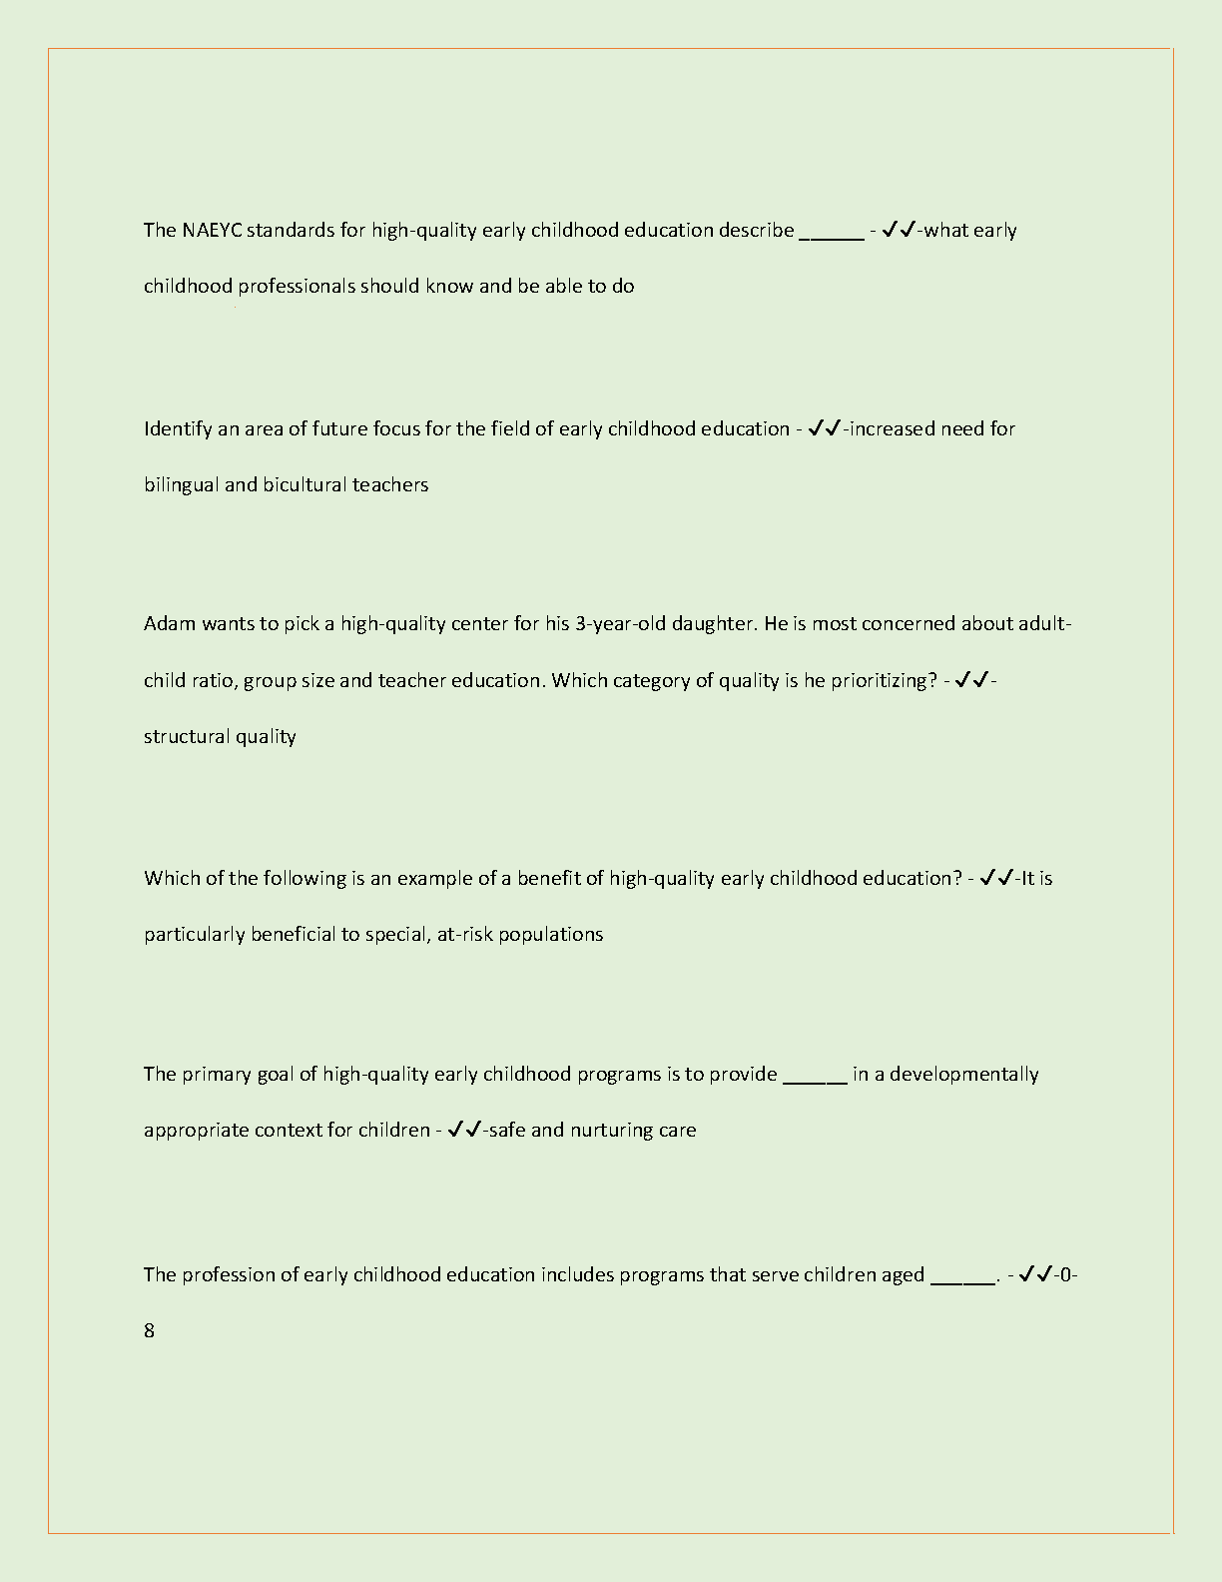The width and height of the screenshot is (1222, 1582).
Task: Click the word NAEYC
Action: [x=211, y=231]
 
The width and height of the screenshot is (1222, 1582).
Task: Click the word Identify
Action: [x=178, y=429]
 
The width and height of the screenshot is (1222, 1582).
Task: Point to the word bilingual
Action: [x=181, y=485]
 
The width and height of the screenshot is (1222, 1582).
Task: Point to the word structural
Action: [x=187, y=737]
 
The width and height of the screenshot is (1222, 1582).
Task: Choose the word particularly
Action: [x=194, y=935]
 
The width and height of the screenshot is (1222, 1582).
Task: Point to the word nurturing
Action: [x=611, y=1131]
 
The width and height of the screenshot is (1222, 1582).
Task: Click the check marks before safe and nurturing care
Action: [x=464, y=1130]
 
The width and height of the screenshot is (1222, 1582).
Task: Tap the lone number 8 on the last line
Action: [x=150, y=1331]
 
